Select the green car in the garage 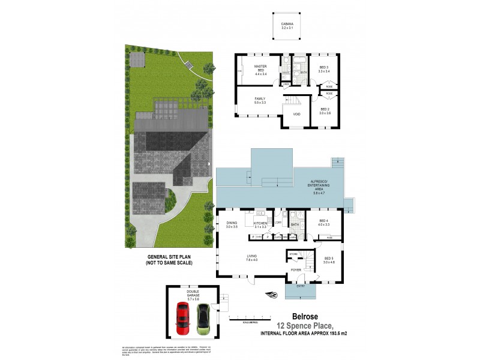[x=203, y=320]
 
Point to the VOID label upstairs [x=296, y=114]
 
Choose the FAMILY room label [x=260, y=101]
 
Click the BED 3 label [x=324, y=69]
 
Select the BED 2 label [x=325, y=111]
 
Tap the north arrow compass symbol [x=273, y=295]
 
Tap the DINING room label [x=232, y=224]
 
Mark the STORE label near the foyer [x=293, y=254]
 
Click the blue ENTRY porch [x=297, y=290]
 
